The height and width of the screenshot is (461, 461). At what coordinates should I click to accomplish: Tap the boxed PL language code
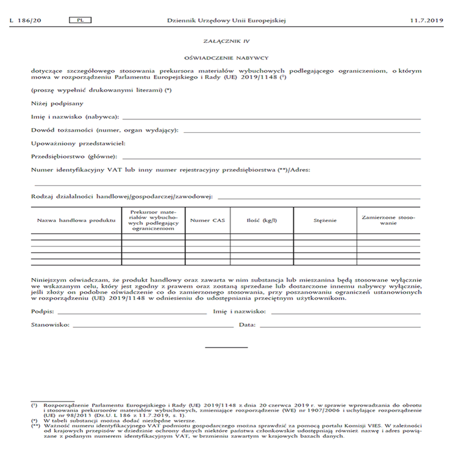click(80, 20)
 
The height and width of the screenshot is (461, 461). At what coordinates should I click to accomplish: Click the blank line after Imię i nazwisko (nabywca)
click(271, 118)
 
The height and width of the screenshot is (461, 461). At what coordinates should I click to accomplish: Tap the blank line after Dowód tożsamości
click(301, 132)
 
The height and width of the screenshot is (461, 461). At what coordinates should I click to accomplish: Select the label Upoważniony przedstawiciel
click(79, 144)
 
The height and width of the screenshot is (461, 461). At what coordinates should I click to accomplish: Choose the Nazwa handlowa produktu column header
click(76, 220)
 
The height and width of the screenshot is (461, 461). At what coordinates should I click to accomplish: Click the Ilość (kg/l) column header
click(262, 220)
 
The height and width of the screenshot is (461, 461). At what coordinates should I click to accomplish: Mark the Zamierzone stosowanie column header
click(388, 220)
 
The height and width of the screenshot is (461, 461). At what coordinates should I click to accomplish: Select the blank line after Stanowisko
click(152, 327)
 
